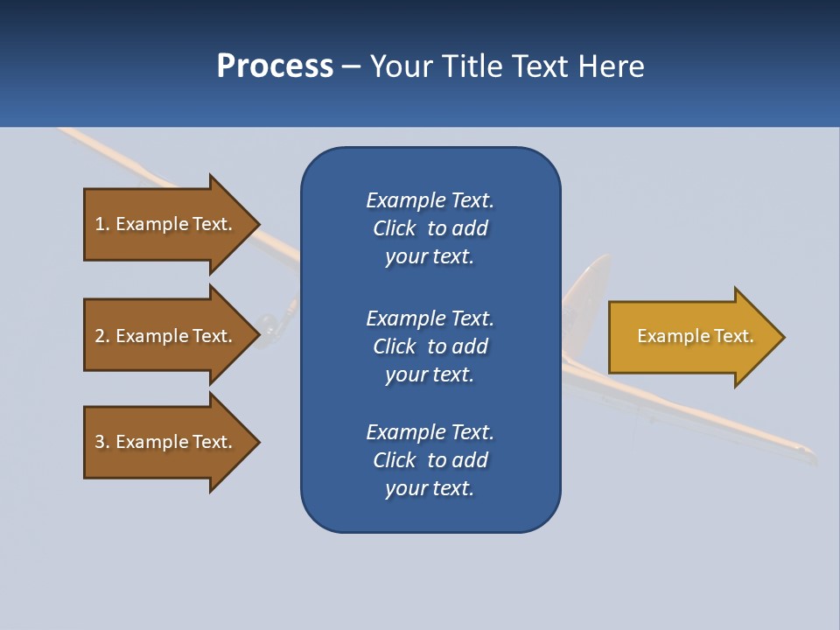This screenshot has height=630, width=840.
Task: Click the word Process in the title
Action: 275,66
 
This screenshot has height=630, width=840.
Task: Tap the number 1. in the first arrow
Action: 102,224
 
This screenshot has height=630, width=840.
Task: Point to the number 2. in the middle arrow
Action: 102,336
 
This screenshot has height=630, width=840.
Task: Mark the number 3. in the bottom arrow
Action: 102,442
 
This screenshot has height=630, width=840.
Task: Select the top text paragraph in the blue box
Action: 430,228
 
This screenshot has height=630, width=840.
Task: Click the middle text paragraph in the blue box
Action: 430,346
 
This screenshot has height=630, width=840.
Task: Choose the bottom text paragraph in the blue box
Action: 430,460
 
